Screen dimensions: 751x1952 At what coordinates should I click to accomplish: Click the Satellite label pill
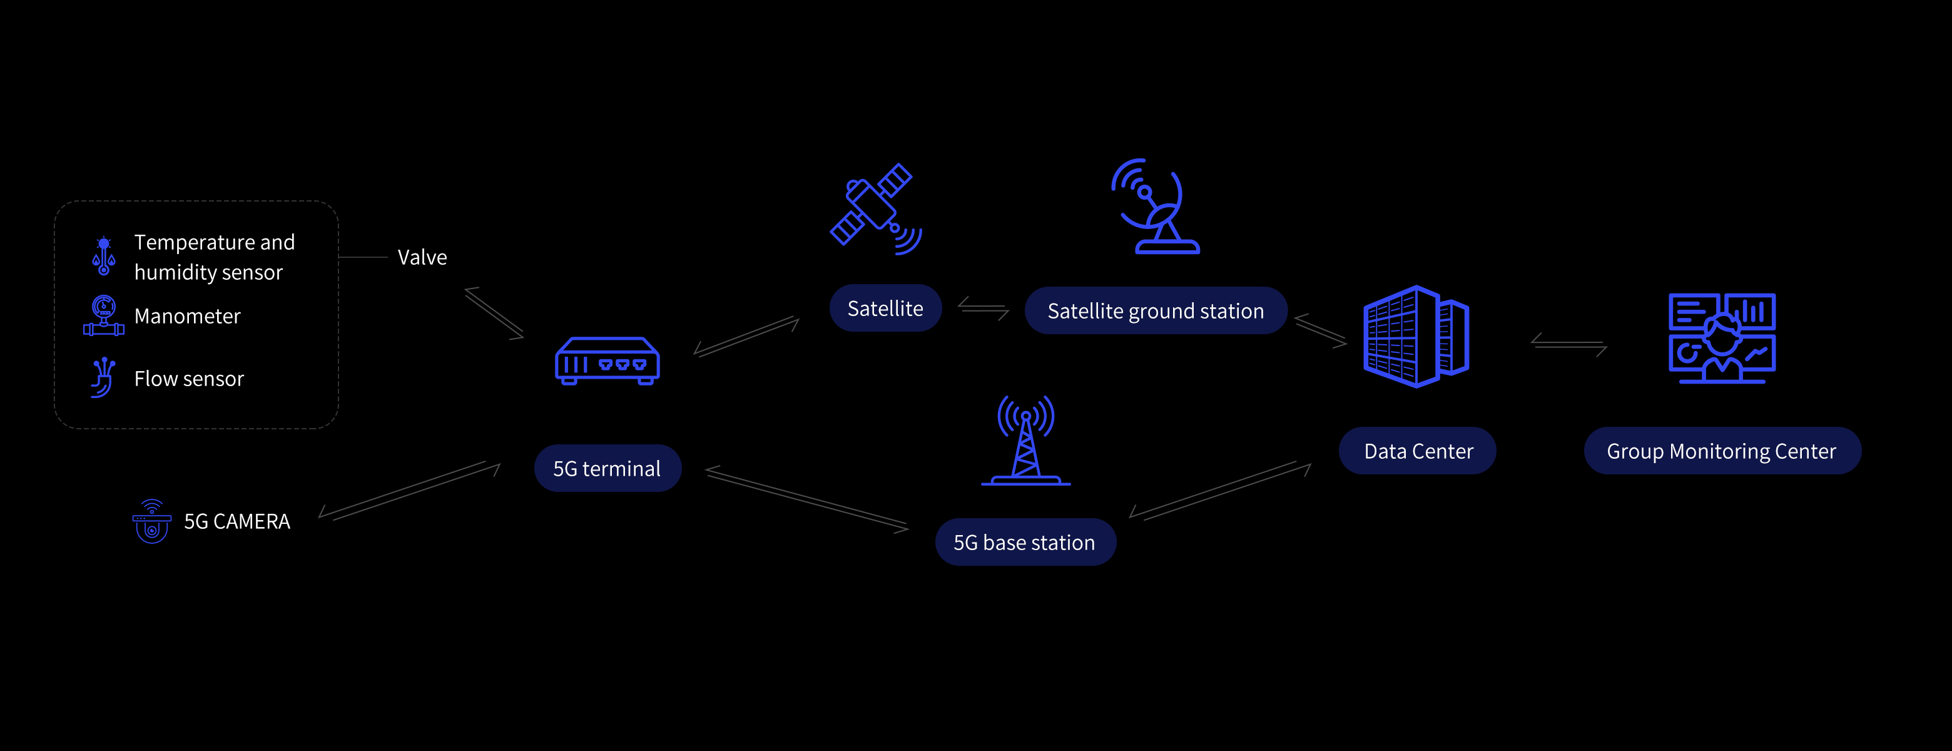coord(885,309)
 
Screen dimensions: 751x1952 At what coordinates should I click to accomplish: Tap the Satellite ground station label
coord(1155,310)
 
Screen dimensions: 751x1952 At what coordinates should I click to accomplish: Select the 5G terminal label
coord(607,468)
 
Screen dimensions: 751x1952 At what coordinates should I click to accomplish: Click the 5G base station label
coord(1025,542)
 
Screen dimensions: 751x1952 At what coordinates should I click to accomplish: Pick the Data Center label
coord(1418,451)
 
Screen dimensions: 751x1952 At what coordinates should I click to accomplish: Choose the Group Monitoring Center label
coord(1721,451)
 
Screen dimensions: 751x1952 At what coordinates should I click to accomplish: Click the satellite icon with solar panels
coord(875,208)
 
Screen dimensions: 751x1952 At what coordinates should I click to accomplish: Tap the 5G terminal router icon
coord(607,362)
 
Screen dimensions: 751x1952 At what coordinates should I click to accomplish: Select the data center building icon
coord(1415,337)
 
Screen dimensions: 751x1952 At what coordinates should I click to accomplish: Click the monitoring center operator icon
coord(1722,338)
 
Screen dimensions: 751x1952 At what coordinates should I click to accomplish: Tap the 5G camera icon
coord(151,521)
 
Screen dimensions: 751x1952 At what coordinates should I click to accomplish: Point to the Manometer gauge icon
coord(104,315)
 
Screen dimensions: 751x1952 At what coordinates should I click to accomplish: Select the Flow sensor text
coord(189,379)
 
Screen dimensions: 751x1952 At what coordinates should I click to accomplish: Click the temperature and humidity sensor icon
coord(104,256)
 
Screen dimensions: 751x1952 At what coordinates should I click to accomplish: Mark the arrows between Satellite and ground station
coord(983,309)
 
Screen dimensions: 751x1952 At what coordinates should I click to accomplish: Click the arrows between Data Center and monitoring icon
coord(1568,344)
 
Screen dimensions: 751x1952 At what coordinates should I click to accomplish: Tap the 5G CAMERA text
coord(237,521)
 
